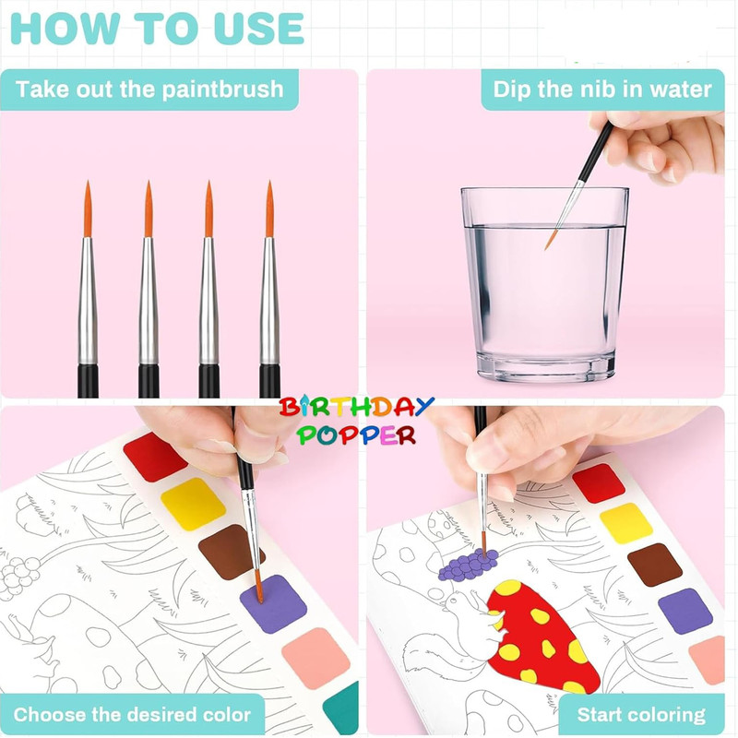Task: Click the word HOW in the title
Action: [65, 29]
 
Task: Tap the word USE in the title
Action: [258, 29]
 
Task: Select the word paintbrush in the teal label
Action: [223, 89]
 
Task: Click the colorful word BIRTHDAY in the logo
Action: [356, 407]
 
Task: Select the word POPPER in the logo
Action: [356, 434]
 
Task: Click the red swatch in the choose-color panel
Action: [155, 457]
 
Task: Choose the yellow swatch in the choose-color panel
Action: [193, 504]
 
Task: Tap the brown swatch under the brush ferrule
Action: [231, 552]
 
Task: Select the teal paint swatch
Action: [342, 708]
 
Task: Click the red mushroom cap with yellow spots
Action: [542, 636]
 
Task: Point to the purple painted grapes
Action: [469, 564]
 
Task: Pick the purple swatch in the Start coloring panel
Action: [684, 611]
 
